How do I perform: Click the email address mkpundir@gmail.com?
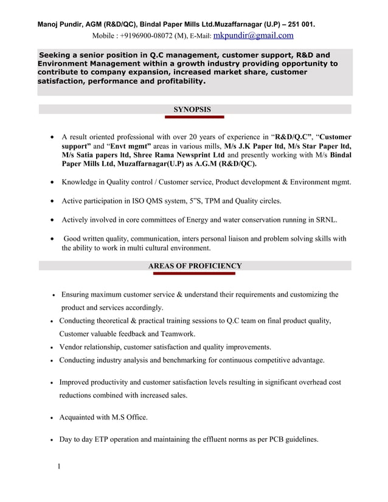point(254,35)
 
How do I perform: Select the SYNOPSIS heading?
point(192,109)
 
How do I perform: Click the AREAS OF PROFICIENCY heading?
point(195,266)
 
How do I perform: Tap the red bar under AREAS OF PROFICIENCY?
point(193,273)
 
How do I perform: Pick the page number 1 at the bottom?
point(59,467)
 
